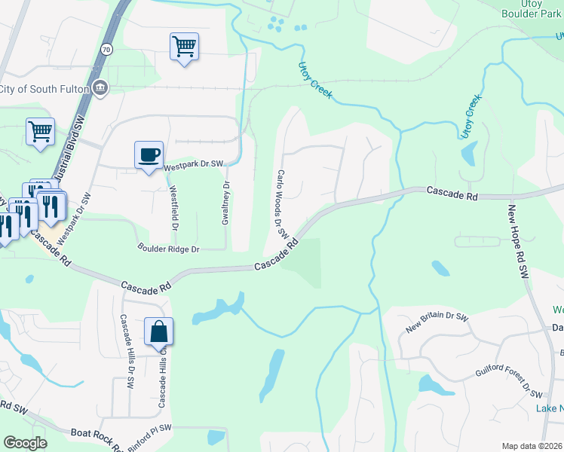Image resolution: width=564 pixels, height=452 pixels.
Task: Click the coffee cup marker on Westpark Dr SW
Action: click(149, 155)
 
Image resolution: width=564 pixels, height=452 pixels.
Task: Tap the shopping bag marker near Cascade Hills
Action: click(159, 331)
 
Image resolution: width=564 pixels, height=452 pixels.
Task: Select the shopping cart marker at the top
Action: click(184, 47)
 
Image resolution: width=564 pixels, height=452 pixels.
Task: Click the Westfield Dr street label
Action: click(173, 208)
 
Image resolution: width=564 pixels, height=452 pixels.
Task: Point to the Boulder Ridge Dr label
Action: click(168, 248)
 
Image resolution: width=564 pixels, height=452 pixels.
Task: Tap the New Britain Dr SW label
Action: click(437, 324)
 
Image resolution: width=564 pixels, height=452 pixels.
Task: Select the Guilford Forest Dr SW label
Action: click(509, 382)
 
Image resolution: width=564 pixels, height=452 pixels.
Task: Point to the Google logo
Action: click(25, 443)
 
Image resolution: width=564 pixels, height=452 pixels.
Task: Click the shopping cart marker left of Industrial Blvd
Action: click(40, 131)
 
